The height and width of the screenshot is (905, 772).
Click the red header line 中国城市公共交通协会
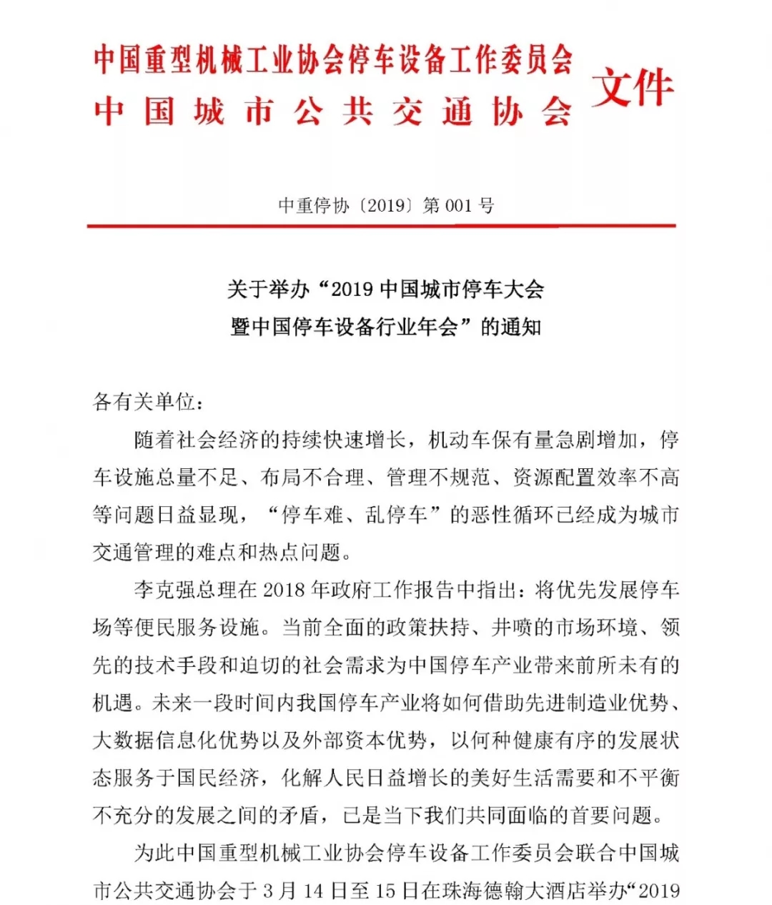[x=333, y=113]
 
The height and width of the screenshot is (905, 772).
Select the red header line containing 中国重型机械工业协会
[x=333, y=60]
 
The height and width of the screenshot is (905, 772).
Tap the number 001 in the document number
[x=458, y=206]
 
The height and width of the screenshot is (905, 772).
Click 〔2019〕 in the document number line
[x=387, y=206]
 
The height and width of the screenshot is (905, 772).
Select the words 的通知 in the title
[x=511, y=327]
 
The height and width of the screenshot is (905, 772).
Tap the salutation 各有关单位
[x=143, y=402]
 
